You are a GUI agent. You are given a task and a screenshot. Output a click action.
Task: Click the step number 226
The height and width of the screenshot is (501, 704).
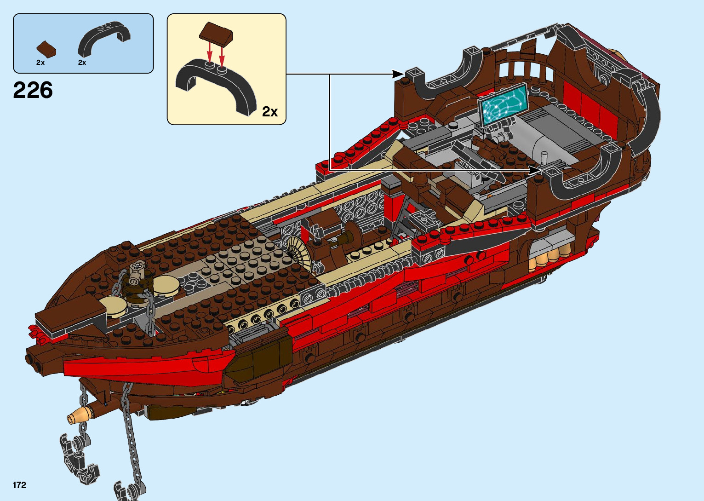tap(33, 91)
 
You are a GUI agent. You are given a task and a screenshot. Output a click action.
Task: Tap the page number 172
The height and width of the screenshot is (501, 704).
tap(20, 485)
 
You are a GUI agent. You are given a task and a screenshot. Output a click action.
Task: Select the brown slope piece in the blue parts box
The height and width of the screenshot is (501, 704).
tap(46, 49)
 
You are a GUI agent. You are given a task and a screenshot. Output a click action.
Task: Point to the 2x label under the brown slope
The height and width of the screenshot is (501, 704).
tap(40, 63)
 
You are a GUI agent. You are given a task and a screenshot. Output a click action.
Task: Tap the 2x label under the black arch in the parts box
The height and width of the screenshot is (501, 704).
tap(82, 63)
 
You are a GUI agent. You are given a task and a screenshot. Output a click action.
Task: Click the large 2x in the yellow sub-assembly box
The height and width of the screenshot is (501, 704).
tap(270, 111)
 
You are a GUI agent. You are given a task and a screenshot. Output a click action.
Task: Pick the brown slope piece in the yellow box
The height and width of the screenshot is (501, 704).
tap(216, 34)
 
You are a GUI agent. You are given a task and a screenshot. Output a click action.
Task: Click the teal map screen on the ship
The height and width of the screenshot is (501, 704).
tap(502, 104)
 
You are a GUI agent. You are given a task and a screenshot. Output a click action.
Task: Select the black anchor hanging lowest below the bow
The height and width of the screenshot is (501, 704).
tap(129, 490)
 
